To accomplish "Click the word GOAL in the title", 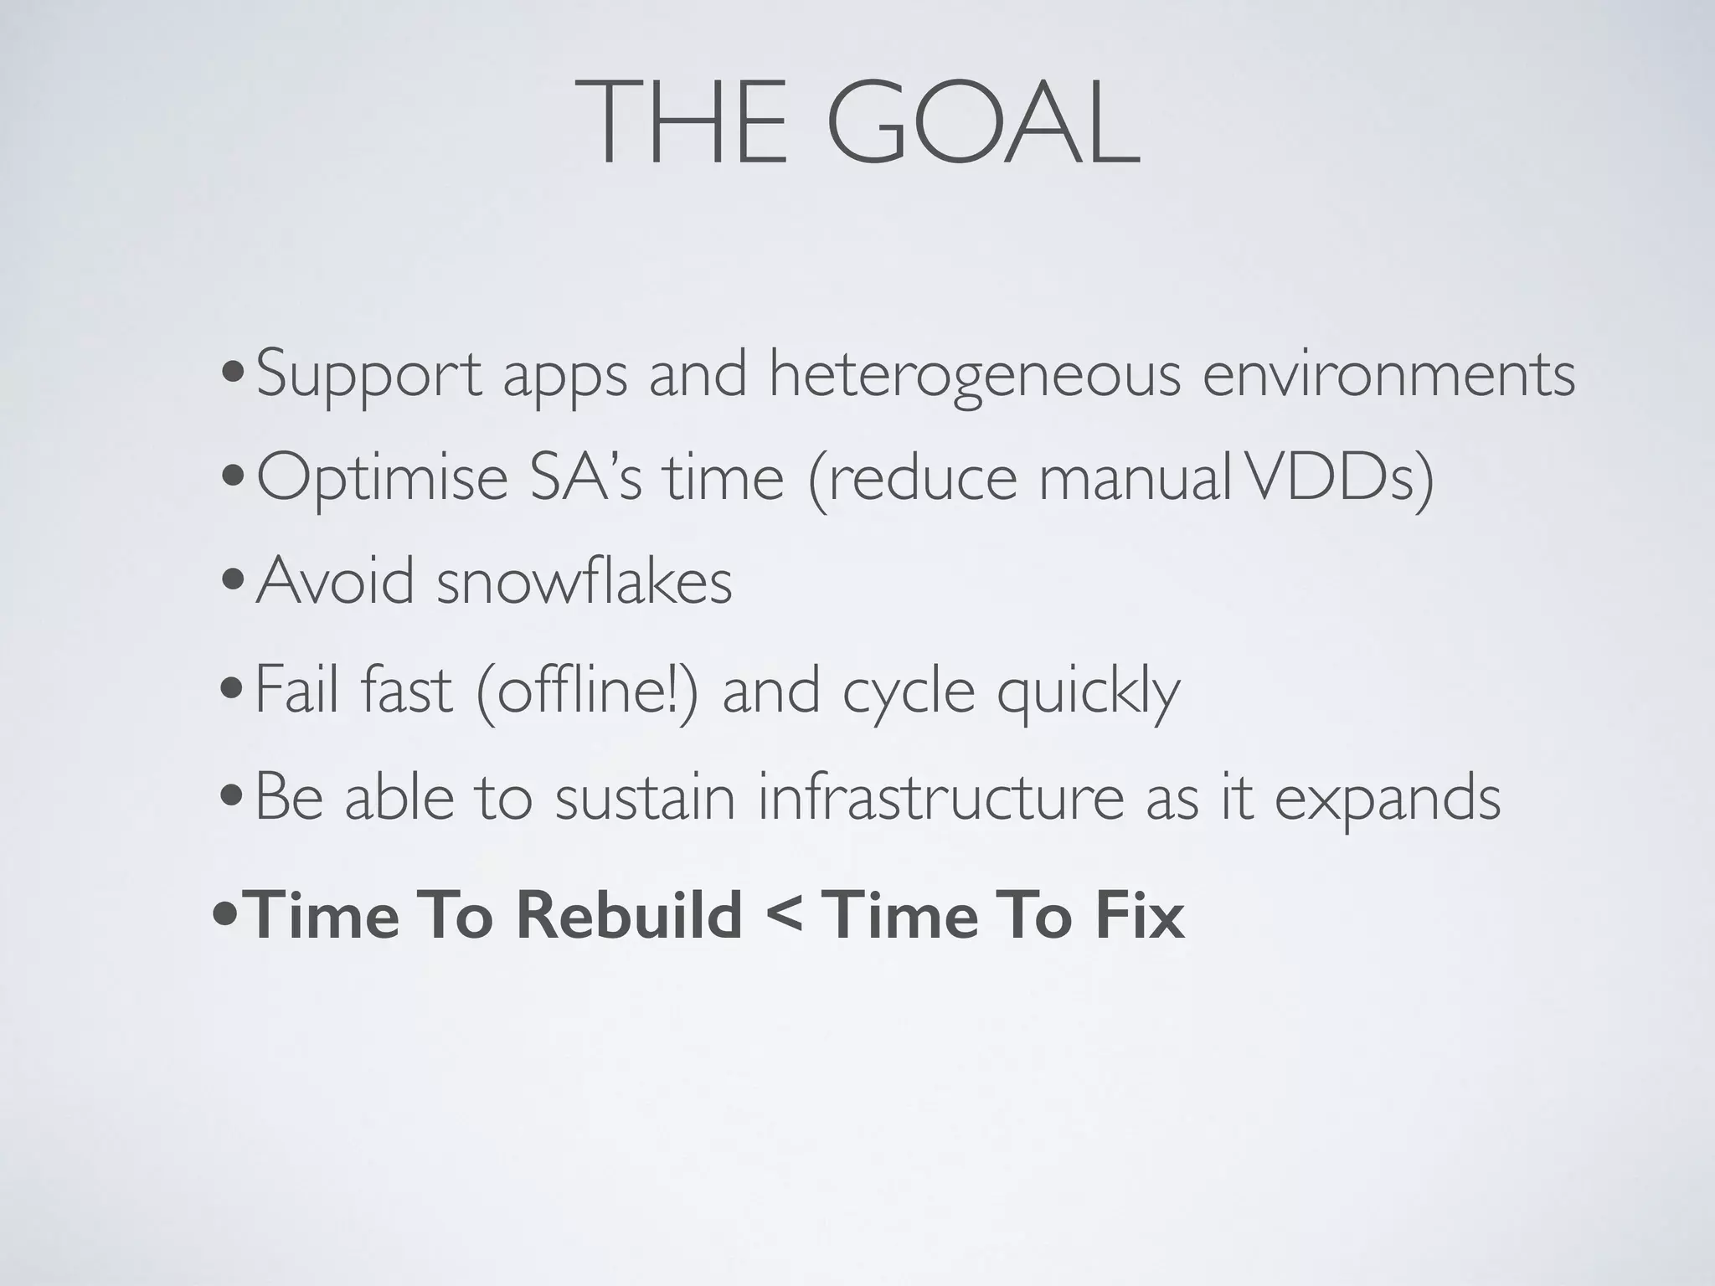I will click(983, 123).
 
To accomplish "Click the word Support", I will click(368, 374).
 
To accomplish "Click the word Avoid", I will click(335, 581).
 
